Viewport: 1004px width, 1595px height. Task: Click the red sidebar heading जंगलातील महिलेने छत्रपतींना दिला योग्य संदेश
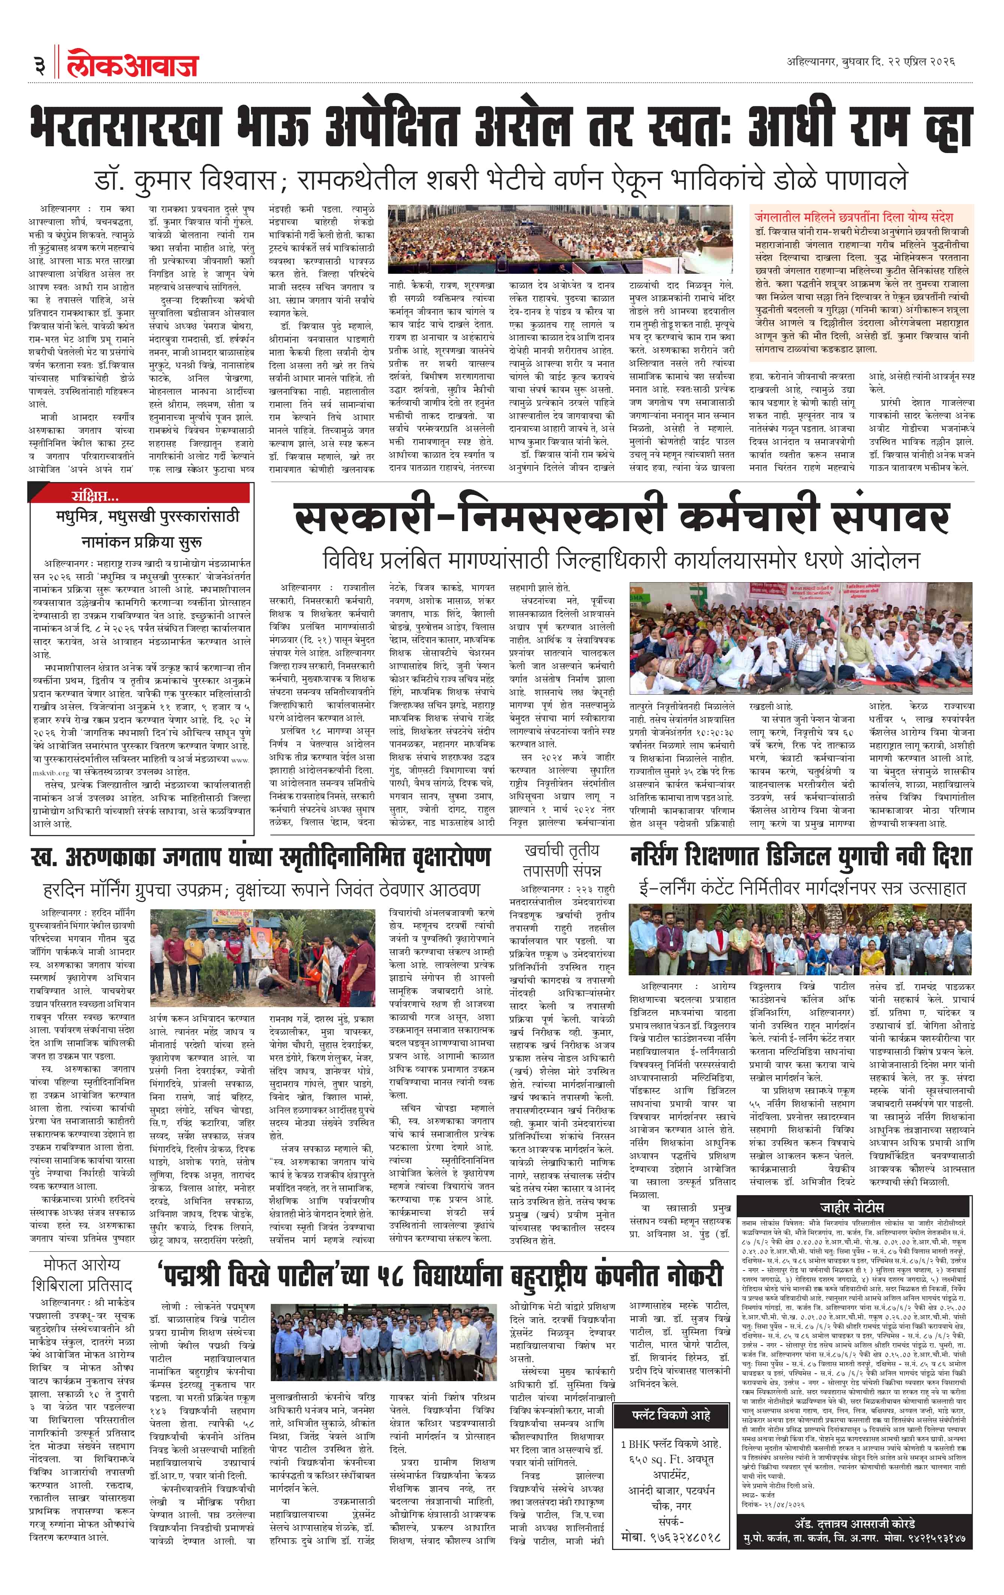[x=853, y=216]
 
